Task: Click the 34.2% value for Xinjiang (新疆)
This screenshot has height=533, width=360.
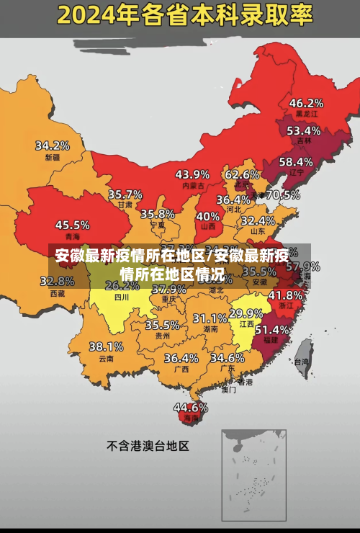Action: (x=53, y=145)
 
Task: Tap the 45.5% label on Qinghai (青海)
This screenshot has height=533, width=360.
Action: (x=73, y=225)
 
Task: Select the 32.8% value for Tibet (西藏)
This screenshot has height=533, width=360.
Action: (x=61, y=281)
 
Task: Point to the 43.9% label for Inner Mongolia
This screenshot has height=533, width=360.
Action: (x=192, y=174)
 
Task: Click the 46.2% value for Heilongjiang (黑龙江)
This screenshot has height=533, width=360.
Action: (x=306, y=102)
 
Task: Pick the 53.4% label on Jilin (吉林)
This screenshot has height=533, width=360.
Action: (x=303, y=130)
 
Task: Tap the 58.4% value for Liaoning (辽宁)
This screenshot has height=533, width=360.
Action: (x=296, y=161)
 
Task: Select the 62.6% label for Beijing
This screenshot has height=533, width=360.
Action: (x=242, y=174)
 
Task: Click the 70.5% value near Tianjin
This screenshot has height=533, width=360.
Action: (x=283, y=194)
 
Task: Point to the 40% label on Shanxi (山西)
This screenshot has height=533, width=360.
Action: (x=208, y=215)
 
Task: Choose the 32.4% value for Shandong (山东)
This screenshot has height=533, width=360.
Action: (x=258, y=220)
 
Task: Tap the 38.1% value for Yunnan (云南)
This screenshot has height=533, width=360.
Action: (x=106, y=346)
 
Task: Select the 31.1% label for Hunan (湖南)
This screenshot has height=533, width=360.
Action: (x=210, y=318)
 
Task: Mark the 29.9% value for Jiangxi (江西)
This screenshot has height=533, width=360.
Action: (x=246, y=313)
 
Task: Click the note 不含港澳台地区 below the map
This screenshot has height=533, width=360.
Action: (x=148, y=446)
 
